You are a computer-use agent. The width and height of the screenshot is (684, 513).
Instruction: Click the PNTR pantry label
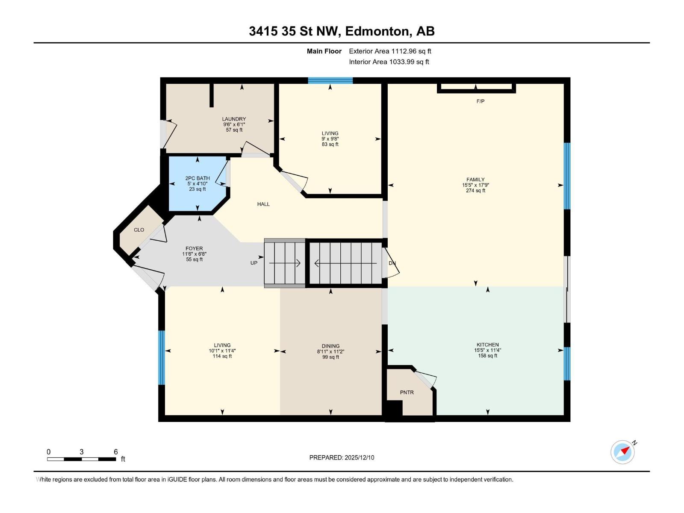[x=407, y=392]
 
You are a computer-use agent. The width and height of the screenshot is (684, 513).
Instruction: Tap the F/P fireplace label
[x=480, y=101]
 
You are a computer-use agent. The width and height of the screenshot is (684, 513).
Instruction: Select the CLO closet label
[x=139, y=230]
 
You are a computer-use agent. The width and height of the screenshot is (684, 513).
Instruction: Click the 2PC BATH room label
[x=198, y=178]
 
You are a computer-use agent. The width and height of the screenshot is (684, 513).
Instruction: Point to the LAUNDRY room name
[x=234, y=119]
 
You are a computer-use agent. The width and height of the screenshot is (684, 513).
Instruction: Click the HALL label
[x=263, y=204]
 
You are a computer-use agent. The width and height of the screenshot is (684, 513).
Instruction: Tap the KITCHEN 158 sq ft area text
[x=487, y=356]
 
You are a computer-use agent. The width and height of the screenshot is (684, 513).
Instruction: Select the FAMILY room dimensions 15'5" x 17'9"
[x=475, y=186]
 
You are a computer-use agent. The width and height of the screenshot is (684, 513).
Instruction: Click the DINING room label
[x=330, y=346]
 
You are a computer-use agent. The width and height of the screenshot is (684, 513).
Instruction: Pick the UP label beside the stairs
[x=254, y=263]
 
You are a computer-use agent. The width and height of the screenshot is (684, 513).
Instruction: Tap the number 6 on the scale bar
[x=116, y=452]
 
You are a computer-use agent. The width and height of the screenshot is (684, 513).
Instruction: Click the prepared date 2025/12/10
[x=359, y=457]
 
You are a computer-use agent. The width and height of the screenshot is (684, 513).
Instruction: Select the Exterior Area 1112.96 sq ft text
[x=390, y=51]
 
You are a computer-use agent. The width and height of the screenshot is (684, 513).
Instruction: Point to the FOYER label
[x=194, y=248]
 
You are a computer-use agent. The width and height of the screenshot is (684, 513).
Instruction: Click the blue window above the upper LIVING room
[x=330, y=81]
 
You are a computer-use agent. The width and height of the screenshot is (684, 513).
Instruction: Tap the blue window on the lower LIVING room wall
[x=162, y=357]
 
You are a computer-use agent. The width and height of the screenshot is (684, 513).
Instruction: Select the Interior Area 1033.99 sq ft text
[x=389, y=62]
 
